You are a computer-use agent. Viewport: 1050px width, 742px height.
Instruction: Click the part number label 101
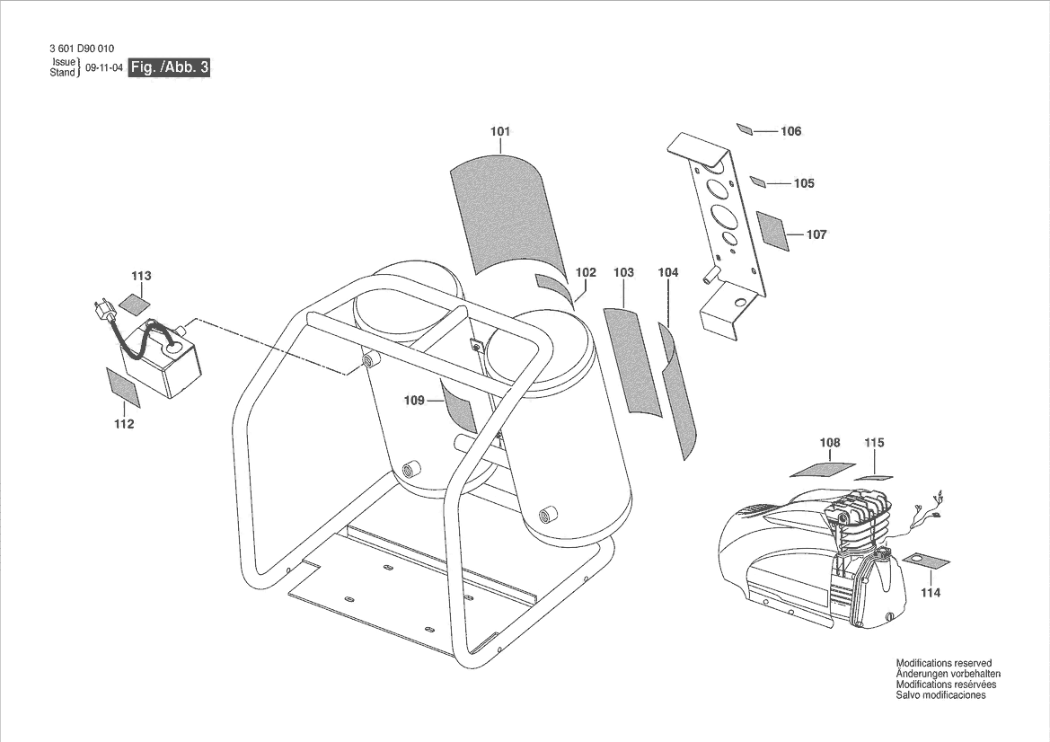pyautogui.click(x=500, y=132)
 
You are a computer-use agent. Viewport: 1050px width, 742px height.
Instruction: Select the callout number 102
pyautogui.click(x=586, y=272)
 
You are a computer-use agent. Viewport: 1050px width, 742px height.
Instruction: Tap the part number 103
pyautogui.click(x=623, y=272)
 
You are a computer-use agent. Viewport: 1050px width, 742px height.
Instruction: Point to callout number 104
pyautogui.click(x=667, y=272)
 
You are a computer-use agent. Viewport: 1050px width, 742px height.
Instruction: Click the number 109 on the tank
pyautogui.click(x=413, y=401)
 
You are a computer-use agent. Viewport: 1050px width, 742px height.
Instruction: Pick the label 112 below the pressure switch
pyautogui.click(x=124, y=424)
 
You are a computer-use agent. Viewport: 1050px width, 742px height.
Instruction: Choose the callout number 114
pyautogui.click(x=931, y=593)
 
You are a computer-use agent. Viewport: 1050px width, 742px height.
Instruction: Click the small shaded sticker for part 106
pyautogui.click(x=745, y=129)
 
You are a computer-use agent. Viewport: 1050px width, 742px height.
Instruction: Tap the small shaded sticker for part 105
pyautogui.click(x=757, y=182)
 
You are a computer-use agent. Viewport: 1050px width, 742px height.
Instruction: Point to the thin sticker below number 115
pyautogui.click(x=871, y=477)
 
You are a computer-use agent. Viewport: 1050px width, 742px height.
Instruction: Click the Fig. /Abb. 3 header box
pyautogui.click(x=169, y=68)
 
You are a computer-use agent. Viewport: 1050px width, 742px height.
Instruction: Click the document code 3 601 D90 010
pyautogui.click(x=82, y=49)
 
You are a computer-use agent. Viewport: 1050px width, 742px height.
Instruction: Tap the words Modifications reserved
pyautogui.click(x=943, y=663)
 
